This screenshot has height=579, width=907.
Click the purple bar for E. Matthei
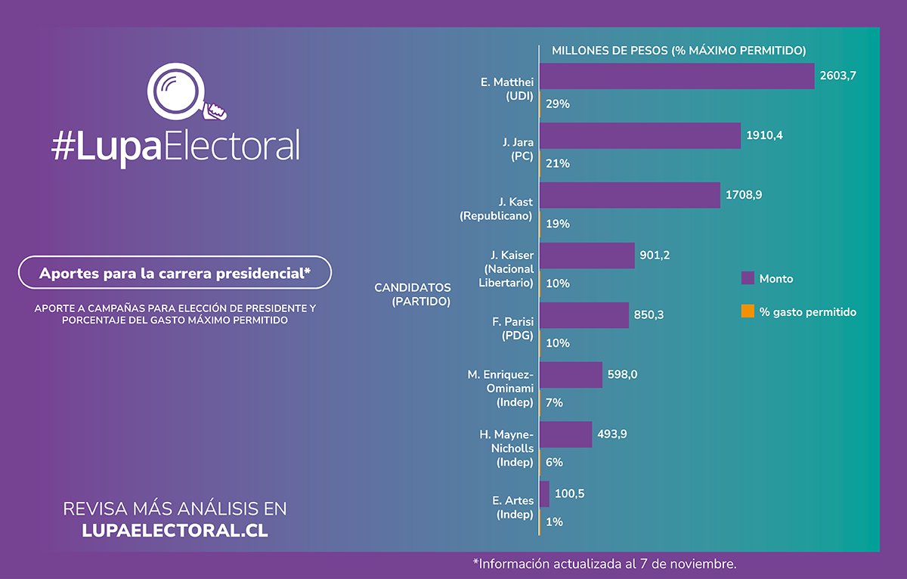tap(676, 76)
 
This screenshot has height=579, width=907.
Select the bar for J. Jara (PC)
tap(639, 136)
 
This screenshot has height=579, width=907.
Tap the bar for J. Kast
tap(630, 195)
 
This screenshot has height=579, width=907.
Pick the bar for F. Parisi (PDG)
tap(584, 315)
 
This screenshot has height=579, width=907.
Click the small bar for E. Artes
tap(544, 494)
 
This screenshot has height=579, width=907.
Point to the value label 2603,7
tap(837, 76)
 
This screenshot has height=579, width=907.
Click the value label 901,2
tap(655, 255)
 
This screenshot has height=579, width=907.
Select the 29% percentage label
tap(557, 104)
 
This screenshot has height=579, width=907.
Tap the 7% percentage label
tap(554, 403)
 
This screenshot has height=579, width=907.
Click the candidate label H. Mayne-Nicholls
tap(506, 448)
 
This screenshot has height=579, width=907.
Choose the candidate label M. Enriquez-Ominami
tap(500, 389)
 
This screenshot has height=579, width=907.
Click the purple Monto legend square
tap(748, 278)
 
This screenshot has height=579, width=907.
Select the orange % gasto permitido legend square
tap(748, 311)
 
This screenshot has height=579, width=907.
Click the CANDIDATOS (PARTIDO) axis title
tap(412, 295)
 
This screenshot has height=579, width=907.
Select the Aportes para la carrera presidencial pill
tap(175, 273)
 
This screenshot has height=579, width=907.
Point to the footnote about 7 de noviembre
tap(604, 564)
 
